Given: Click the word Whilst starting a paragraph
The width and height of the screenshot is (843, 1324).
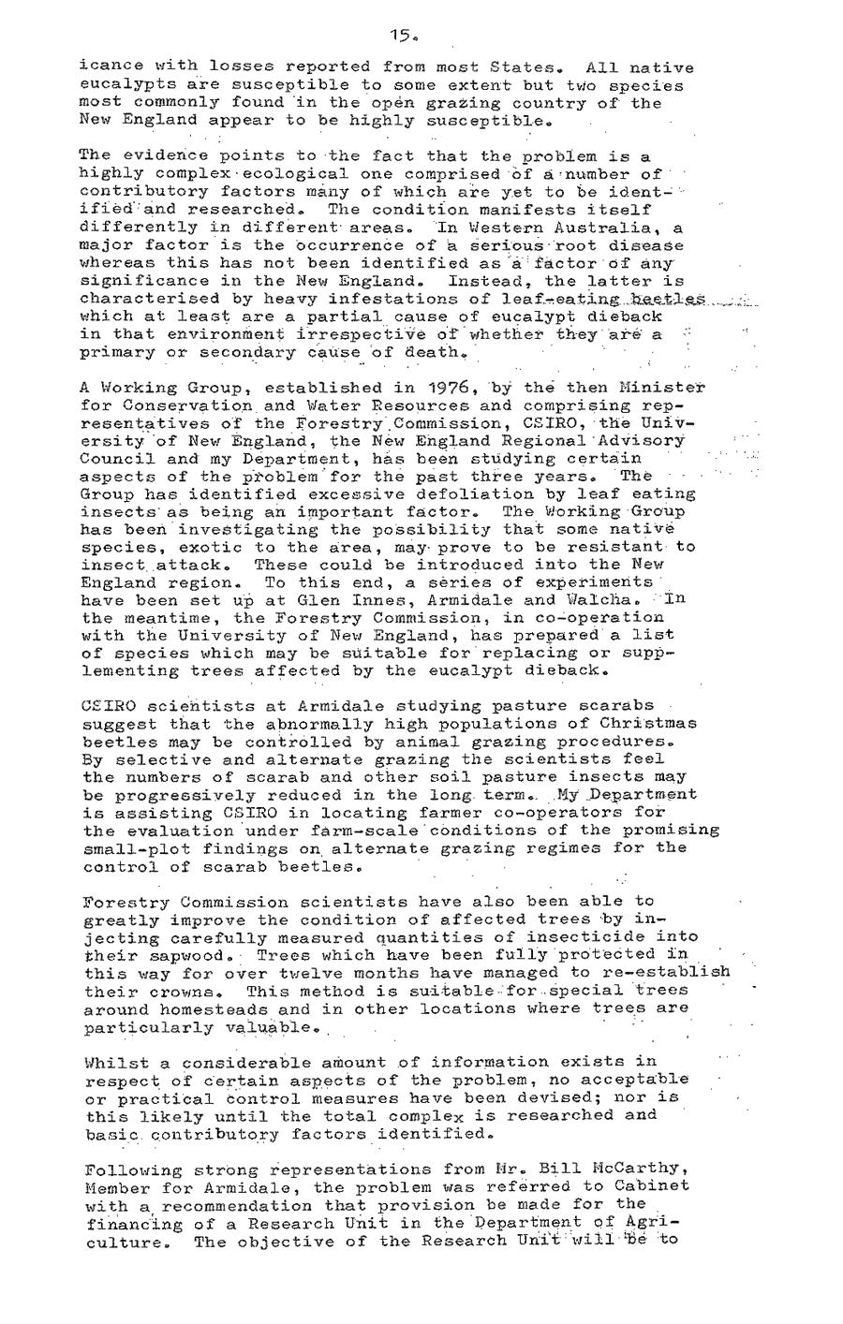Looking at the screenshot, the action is point(111,1063).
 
